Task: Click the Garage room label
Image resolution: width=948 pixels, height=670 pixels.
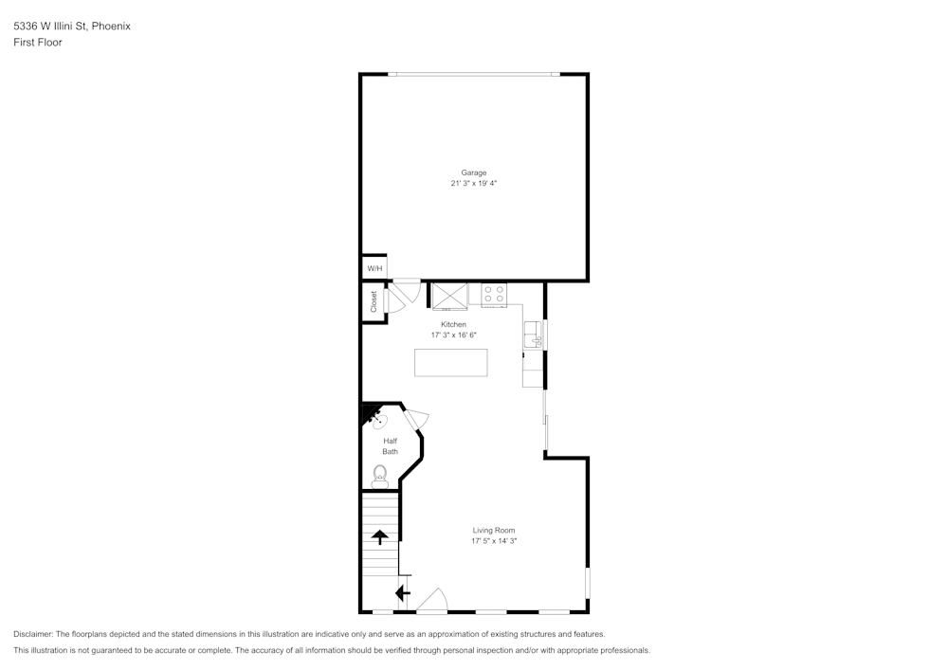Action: pyautogui.click(x=474, y=172)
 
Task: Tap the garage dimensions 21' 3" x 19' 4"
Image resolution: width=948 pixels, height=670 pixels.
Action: pyautogui.click(x=474, y=184)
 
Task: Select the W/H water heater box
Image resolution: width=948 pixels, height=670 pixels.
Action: pyautogui.click(x=374, y=268)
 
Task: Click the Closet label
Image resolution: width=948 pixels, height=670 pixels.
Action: pyautogui.click(x=374, y=301)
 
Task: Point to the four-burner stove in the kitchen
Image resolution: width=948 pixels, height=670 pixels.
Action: pyautogui.click(x=493, y=295)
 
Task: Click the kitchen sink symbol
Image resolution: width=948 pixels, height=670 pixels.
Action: pyautogui.click(x=533, y=334)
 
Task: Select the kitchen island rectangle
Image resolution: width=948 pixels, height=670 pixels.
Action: pyautogui.click(x=451, y=362)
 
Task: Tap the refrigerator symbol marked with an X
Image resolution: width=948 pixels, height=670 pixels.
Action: pyautogui.click(x=450, y=296)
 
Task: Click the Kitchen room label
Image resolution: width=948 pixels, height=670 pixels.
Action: pyautogui.click(x=453, y=324)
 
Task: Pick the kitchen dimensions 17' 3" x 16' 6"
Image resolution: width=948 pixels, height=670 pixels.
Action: pyautogui.click(x=453, y=335)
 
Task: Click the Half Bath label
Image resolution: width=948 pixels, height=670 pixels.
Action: pyautogui.click(x=390, y=446)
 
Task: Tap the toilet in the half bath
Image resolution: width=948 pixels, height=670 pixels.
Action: pyautogui.click(x=380, y=477)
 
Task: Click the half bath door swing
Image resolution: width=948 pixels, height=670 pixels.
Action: pyautogui.click(x=417, y=417)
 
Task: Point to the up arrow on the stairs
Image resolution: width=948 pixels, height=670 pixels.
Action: pyautogui.click(x=380, y=537)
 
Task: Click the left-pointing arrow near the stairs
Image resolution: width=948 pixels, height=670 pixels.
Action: pyautogui.click(x=402, y=593)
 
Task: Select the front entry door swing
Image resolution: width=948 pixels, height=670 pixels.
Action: pyautogui.click(x=431, y=600)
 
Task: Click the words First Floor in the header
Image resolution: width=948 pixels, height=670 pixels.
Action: pyautogui.click(x=38, y=43)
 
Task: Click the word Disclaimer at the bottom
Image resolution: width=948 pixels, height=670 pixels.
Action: pyautogui.click(x=33, y=634)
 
